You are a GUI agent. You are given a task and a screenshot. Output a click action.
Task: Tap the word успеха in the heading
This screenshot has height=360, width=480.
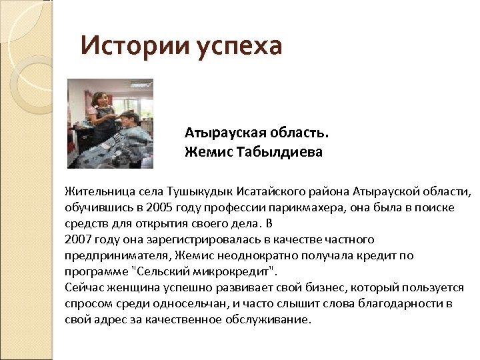click(239, 46)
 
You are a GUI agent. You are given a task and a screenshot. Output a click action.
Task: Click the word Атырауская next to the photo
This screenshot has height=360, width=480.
click(224, 133)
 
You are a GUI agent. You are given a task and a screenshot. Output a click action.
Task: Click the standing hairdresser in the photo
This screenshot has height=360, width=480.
click(102, 113)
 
